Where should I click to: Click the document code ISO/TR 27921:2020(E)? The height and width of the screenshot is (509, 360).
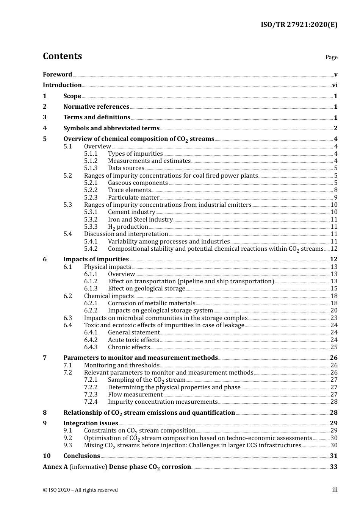pos(299,25)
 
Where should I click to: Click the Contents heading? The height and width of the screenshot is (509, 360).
pos(62,56)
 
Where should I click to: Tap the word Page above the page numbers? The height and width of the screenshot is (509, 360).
pos(331,57)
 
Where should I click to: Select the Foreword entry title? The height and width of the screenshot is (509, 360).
pos(57,75)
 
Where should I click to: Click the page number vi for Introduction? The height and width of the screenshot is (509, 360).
pos(335,85)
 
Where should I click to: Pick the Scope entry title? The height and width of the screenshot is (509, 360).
pos(72,96)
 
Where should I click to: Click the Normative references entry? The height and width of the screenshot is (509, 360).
pos(96,107)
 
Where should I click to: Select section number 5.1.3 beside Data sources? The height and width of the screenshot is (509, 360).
pos(91,168)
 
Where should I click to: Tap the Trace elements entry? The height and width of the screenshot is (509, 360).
pos(129,190)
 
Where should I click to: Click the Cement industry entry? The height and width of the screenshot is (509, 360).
pos(131,212)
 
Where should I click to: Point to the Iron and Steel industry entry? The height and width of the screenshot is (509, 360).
pos(140,220)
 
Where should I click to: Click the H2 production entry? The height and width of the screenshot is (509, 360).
pos(128,227)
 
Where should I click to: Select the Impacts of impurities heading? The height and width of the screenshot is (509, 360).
pos(96,259)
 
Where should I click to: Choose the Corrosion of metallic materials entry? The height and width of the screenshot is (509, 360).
pos(152,303)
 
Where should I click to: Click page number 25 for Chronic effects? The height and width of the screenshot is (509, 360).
pos(334,347)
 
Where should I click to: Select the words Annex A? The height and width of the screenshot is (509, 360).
pos(55,467)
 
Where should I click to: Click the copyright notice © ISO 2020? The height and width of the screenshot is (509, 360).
pos(80,490)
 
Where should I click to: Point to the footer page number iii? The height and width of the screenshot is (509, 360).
pos(335,490)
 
